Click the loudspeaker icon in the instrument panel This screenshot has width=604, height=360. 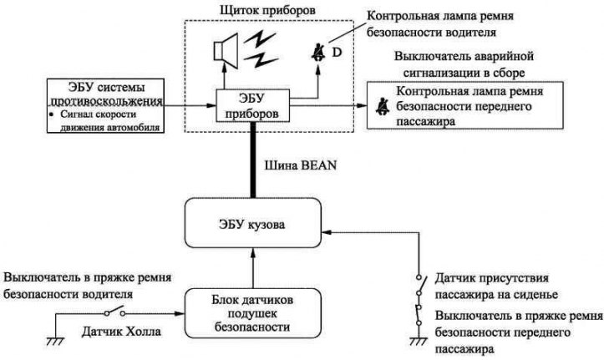click(226, 51)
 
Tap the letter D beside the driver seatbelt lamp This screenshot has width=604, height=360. click(337, 53)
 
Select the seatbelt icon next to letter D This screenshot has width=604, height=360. click(318, 53)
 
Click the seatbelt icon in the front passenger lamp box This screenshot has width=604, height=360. click(382, 107)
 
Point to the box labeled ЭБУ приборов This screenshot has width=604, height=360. click(252, 105)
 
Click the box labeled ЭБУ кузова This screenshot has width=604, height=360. click(252, 223)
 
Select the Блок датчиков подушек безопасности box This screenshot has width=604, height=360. click(252, 313)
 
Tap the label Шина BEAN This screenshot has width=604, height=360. click(301, 165)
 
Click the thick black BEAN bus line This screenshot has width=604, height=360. click(252, 160)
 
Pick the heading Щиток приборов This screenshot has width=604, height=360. click(267, 10)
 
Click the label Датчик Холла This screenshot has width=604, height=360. click(121, 331)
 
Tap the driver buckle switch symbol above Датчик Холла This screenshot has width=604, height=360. click(114, 312)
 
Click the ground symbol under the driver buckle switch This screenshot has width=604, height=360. click(55, 341)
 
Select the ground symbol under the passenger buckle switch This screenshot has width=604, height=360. click(419, 341)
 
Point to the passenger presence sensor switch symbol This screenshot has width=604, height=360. click(421, 286)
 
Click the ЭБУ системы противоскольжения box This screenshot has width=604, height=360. click(105, 106)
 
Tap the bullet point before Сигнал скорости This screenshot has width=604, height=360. click(51, 114)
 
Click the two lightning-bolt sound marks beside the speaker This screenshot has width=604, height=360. click(261, 49)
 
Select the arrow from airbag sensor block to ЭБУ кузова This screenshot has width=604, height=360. click(252, 268)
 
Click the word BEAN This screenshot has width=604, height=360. click(318, 165)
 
